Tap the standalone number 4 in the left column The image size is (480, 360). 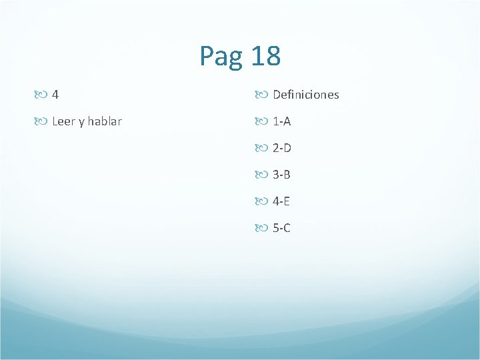tap(55, 95)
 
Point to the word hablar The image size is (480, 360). tap(105, 121)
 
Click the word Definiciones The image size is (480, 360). tap(306, 95)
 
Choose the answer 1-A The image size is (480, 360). tap(282, 121)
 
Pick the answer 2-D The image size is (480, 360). tap(282, 148)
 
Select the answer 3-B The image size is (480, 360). tap(282, 175)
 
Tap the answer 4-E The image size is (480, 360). tap(282, 201)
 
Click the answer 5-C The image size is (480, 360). tap(282, 228)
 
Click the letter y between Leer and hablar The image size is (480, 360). tap(81, 123)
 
